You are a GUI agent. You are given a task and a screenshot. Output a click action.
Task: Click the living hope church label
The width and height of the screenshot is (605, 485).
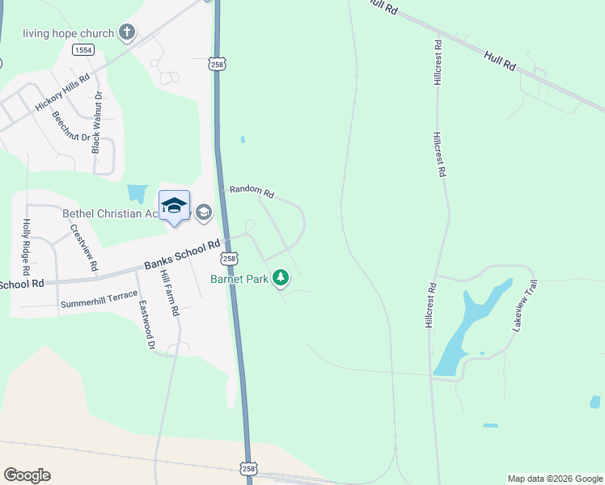coord(69,33)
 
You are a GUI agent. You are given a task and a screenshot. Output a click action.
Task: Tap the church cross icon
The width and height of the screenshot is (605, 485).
coord(126,32)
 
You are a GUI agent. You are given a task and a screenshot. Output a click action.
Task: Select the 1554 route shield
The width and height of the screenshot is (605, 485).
coord(82,50)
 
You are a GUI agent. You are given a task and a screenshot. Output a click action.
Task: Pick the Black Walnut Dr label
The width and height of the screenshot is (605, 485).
coord(97,122)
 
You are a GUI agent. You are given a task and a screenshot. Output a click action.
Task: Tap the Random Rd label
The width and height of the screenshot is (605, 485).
coord(252,192)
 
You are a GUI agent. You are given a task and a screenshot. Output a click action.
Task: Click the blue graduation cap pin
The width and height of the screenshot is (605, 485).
coord(174,206)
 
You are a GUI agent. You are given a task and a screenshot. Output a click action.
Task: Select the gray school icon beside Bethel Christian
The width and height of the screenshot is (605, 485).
coord(203,213)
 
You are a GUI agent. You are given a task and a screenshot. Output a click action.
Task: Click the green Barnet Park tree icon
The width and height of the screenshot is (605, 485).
coord(281,279)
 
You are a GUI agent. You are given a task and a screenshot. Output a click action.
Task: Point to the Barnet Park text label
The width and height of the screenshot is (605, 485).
coord(240,279)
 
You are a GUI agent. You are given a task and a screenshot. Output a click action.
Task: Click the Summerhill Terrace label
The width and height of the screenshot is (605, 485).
coord(95,304)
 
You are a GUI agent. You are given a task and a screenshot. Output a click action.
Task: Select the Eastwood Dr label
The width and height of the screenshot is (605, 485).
coord(146,326)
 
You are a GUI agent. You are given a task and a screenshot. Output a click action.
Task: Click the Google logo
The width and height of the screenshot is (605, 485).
coord(27,475)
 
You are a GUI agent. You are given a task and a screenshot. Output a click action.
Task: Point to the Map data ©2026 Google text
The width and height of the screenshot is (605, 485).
coord(554,479)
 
